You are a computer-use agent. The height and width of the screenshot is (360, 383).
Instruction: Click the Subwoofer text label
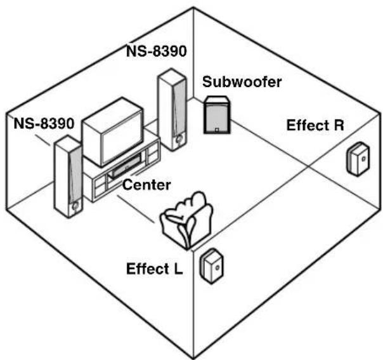(242, 82)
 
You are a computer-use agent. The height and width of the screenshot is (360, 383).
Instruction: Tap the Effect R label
(315, 125)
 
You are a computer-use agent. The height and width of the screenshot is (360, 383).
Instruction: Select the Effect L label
(154, 269)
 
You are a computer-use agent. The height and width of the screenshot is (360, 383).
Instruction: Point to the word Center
(146, 185)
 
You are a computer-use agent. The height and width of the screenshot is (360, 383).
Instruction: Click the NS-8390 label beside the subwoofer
(157, 51)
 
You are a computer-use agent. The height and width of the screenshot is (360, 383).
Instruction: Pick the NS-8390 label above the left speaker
(44, 123)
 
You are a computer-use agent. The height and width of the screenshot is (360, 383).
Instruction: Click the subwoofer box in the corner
(217, 115)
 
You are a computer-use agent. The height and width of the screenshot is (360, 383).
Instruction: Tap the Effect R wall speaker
(358, 159)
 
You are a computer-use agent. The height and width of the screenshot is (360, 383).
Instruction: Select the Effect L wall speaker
(212, 266)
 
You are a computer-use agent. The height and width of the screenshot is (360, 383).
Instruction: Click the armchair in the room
(187, 220)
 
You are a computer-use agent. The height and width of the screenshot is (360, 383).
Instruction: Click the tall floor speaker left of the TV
(68, 176)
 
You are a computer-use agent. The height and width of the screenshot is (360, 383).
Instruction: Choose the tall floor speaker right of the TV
(172, 110)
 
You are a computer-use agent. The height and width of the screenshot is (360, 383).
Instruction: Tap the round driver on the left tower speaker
(75, 206)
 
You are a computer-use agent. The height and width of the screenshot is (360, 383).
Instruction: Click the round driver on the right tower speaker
(179, 140)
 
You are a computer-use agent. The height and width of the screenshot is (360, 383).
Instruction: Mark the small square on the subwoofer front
(217, 130)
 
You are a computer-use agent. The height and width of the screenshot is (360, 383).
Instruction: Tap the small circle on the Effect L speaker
(217, 267)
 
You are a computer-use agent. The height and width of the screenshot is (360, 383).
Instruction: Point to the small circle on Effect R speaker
(364, 159)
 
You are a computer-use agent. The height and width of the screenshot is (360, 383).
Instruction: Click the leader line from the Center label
(136, 209)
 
